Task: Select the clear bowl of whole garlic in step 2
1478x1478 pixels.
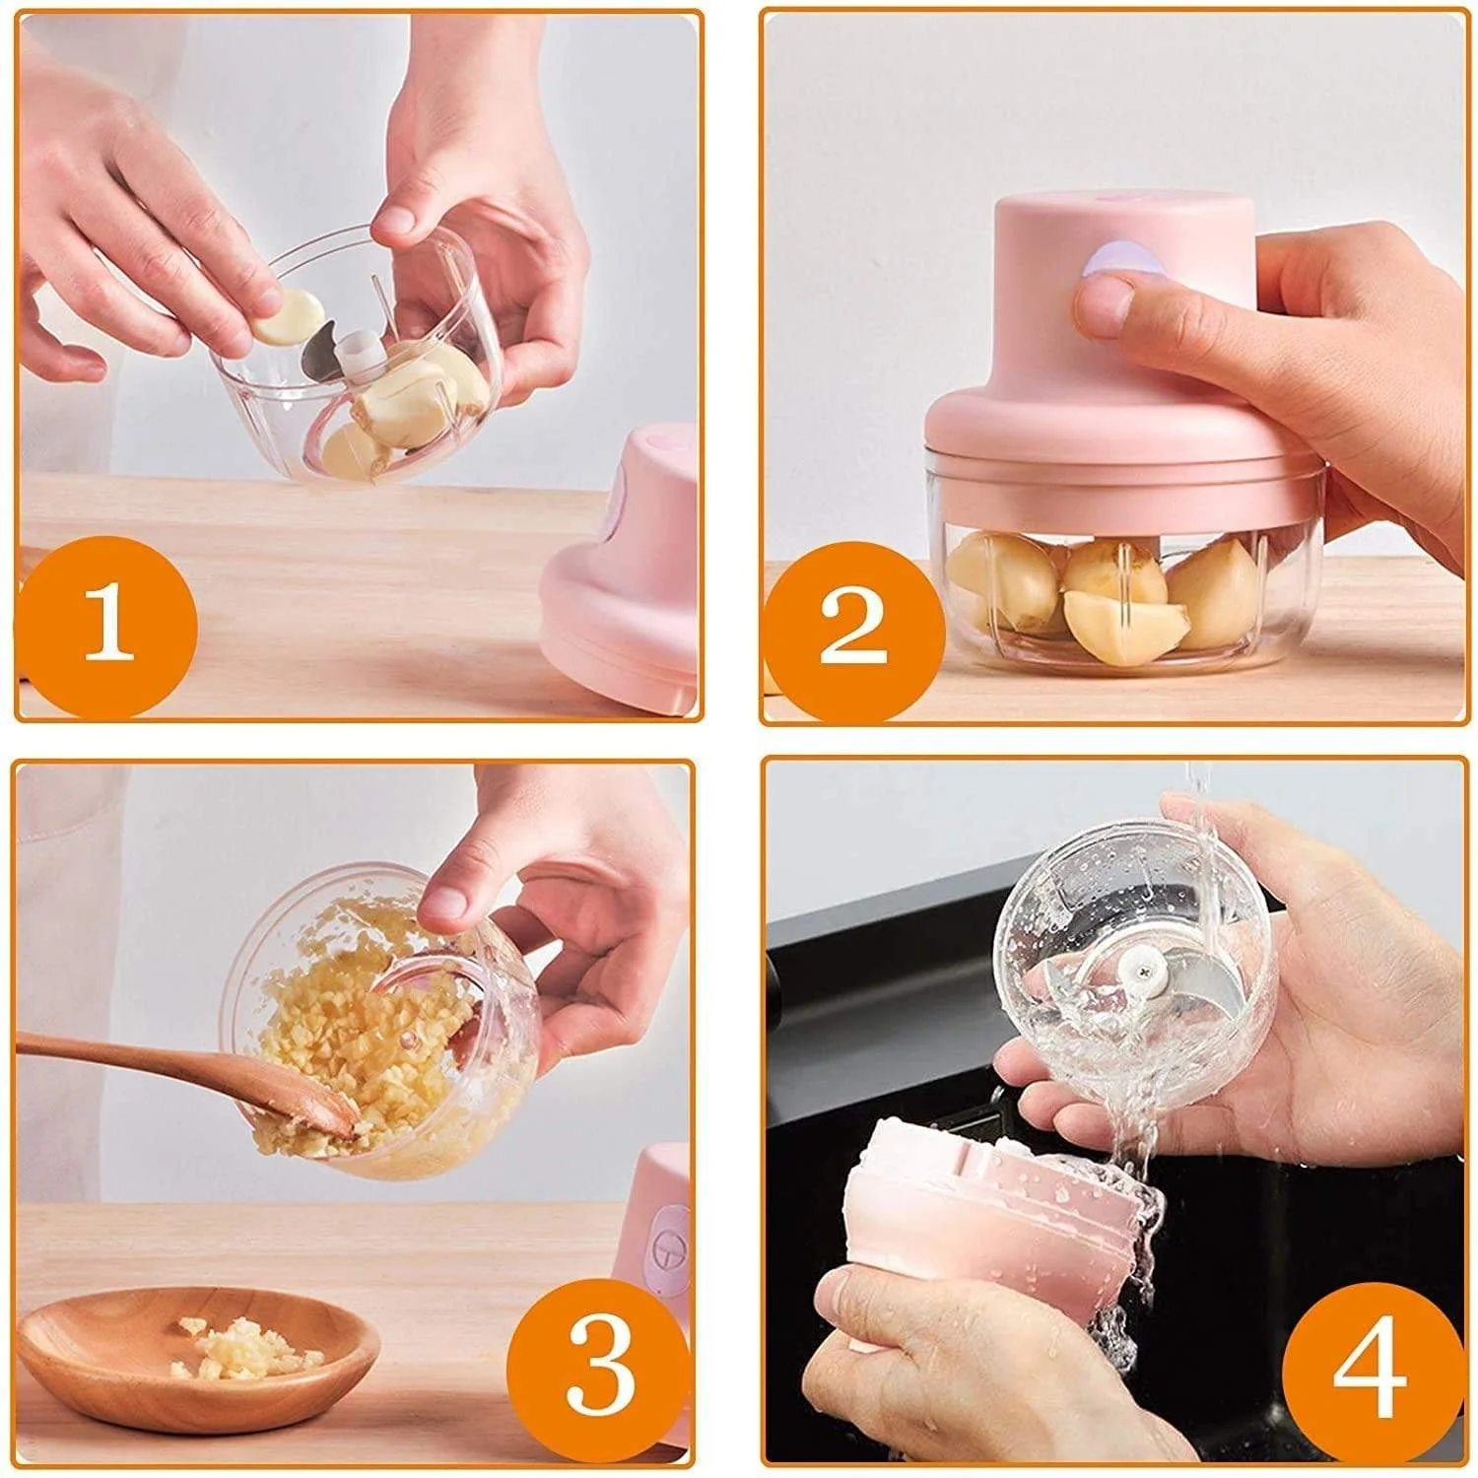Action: (1113, 591)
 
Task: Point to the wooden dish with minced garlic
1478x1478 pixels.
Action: (197, 1355)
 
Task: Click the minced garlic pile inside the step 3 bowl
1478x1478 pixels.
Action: (355, 1044)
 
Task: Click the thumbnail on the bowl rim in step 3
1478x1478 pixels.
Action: (449, 899)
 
